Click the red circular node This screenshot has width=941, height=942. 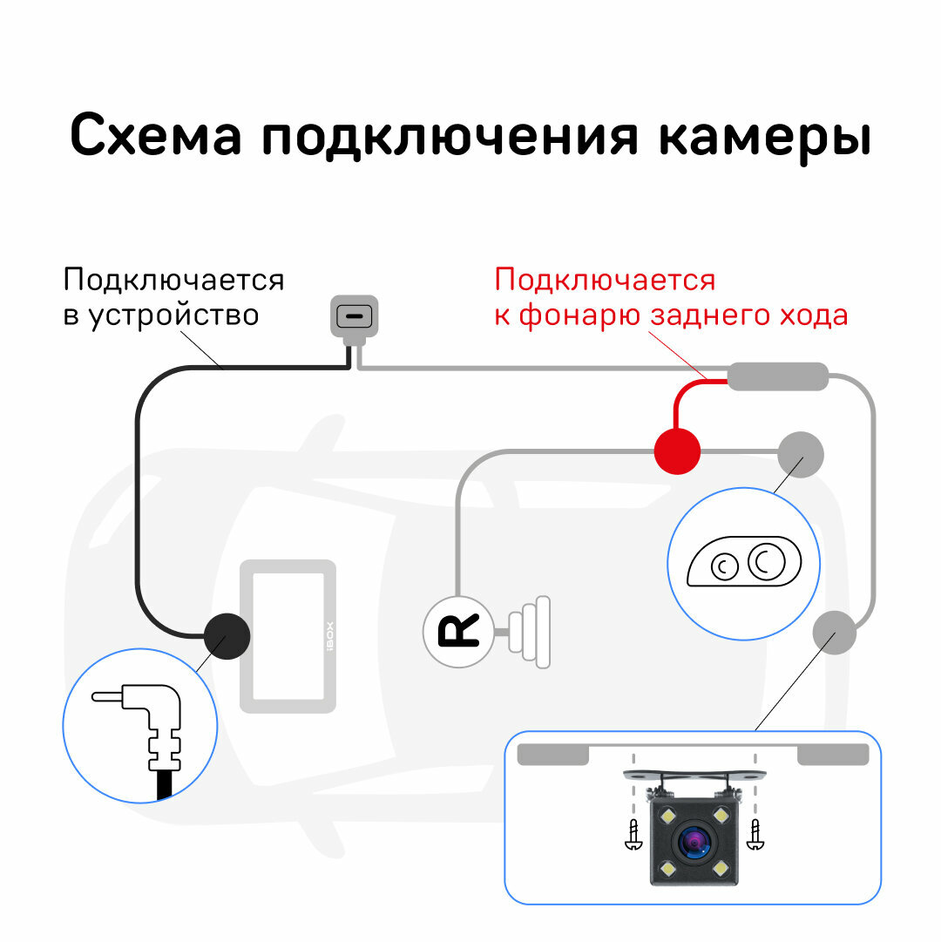tap(677, 451)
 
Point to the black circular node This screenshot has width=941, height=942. tap(227, 634)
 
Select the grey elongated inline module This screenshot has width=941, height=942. tap(777, 376)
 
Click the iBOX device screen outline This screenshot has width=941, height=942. tap(288, 635)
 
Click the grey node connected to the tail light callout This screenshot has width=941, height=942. tap(800, 452)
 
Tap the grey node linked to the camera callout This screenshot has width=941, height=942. tap(835, 633)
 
